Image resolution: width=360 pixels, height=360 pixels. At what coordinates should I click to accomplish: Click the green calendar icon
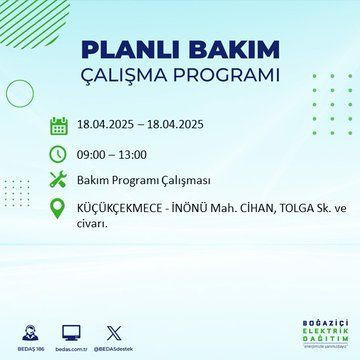(x=59, y=125)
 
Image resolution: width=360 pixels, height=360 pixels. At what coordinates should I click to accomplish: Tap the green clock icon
(x=59, y=154)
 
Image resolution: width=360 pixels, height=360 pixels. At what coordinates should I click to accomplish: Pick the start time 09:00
(x=96, y=155)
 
